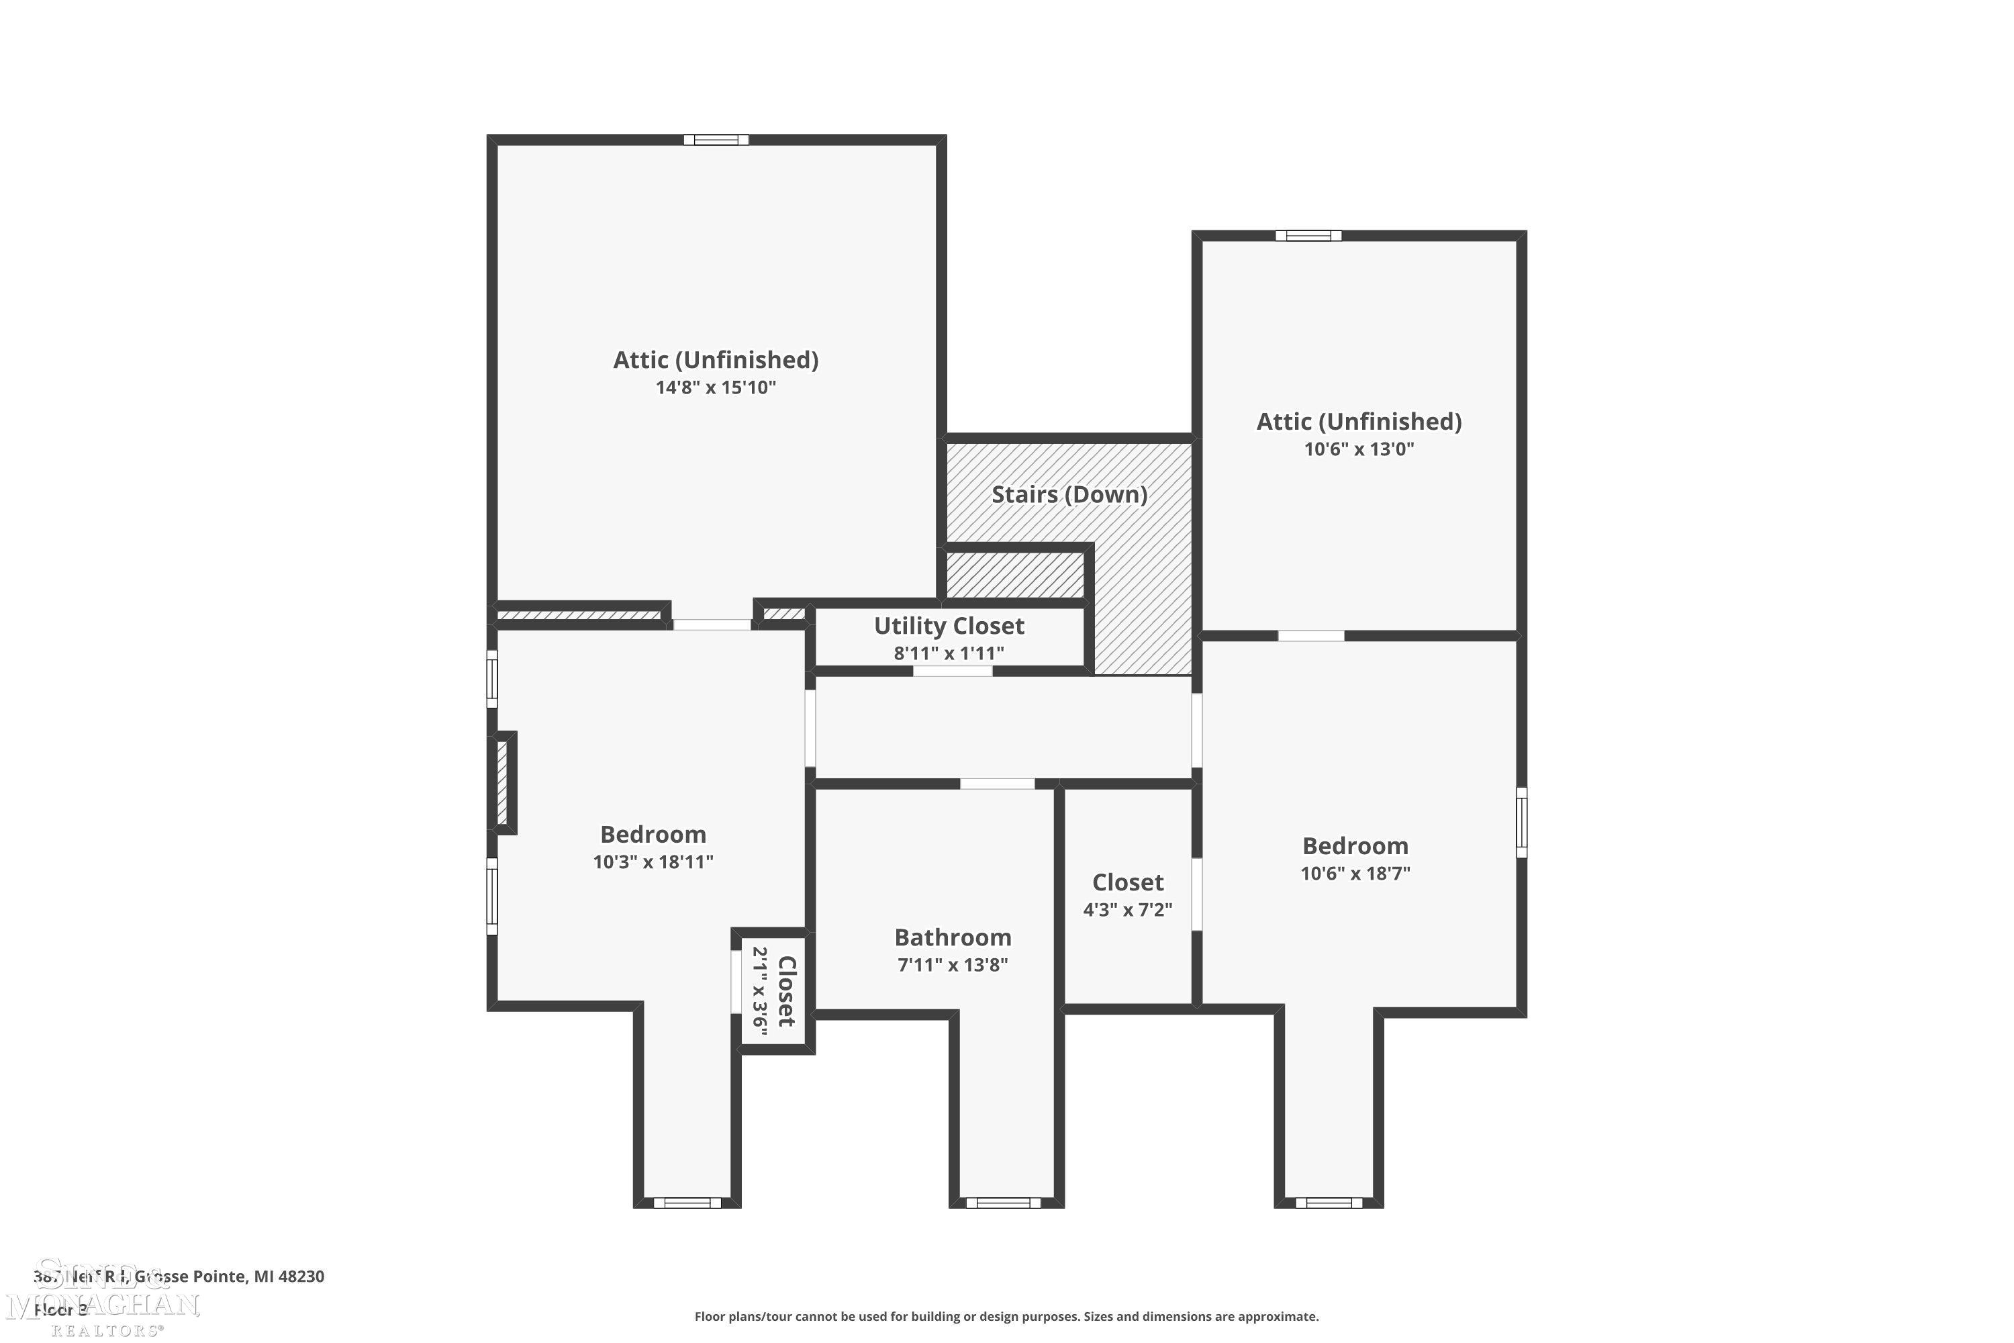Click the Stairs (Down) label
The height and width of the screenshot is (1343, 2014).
pyautogui.click(x=1069, y=494)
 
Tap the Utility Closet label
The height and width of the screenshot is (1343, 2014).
pyautogui.click(x=949, y=626)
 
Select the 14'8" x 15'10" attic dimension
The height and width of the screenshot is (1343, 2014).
pyautogui.click(x=716, y=387)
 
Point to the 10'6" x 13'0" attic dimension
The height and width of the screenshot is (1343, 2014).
pyautogui.click(x=1359, y=449)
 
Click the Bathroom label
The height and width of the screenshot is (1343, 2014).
pyautogui.click(x=952, y=937)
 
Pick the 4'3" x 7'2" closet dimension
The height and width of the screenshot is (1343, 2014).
pyautogui.click(x=1127, y=910)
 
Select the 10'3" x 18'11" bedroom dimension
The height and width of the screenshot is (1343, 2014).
pyautogui.click(x=653, y=862)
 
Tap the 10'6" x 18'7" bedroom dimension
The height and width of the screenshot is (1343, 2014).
pyautogui.click(x=1355, y=874)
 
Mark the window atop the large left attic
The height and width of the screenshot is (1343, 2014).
pyautogui.click(x=716, y=140)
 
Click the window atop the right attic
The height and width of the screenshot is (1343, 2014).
pyautogui.click(x=1308, y=236)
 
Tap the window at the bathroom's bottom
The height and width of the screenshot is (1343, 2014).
pyautogui.click(x=1003, y=1203)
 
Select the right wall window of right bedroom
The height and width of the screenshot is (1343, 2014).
pyautogui.click(x=1522, y=821)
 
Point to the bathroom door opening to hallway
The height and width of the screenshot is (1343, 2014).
pyautogui.click(x=997, y=784)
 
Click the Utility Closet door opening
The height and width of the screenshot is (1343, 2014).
pyautogui.click(x=952, y=671)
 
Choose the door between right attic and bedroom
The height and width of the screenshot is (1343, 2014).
pyautogui.click(x=1311, y=635)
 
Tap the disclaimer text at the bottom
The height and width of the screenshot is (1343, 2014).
pyautogui.click(x=1006, y=1316)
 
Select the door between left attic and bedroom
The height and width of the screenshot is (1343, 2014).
pyautogui.click(x=712, y=624)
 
